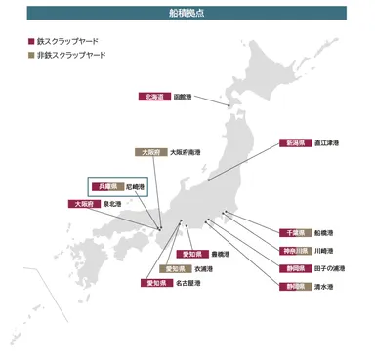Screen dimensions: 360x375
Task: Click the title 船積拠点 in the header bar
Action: [x=187, y=13]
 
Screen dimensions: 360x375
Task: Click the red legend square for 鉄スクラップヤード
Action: [x=32, y=41]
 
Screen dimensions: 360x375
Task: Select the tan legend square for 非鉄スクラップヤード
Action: [x=32, y=55]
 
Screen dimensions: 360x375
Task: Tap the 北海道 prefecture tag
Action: [x=154, y=98]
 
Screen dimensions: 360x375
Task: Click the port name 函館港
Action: [x=183, y=98]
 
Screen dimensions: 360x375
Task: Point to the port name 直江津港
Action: [x=327, y=142]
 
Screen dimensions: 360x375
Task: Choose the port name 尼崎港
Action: [x=135, y=185]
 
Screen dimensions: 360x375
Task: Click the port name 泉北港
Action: [x=112, y=204]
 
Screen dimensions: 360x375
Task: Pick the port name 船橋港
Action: [x=323, y=233]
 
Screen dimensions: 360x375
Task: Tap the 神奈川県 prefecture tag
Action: [x=296, y=251]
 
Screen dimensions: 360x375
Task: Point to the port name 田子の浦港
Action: [x=327, y=268]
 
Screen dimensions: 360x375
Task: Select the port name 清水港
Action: [x=323, y=287]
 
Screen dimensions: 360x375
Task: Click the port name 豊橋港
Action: [x=220, y=254]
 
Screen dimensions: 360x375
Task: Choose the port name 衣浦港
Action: [x=204, y=268]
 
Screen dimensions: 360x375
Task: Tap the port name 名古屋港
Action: [x=187, y=283]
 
